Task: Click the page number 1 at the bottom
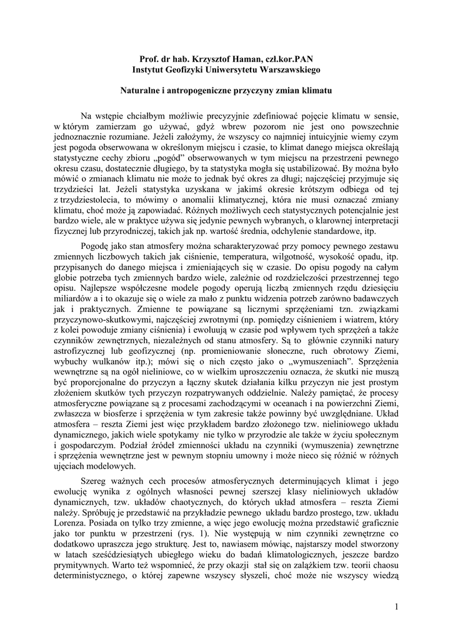point(396,607)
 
